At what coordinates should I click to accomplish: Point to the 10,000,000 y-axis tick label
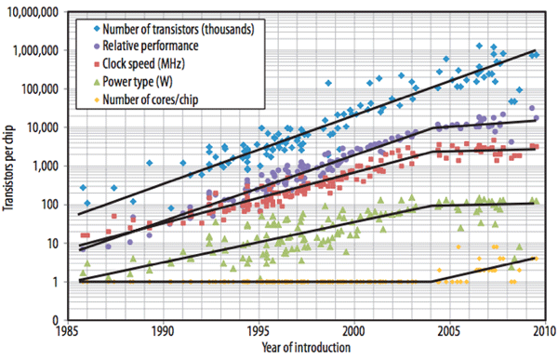pos(33,12)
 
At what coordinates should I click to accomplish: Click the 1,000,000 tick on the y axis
pos(35,51)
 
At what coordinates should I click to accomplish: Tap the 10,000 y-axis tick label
pos(43,127)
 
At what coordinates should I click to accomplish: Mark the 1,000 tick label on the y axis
pos(46,167)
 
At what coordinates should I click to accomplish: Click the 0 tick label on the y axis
pos(56,321)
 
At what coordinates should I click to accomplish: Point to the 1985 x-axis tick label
pos(68,331)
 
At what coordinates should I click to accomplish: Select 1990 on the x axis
pos(164,331)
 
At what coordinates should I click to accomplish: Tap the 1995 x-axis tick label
pos(259,331)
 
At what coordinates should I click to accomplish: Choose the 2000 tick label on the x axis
pos(354,331)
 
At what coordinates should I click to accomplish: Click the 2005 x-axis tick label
pos(449,331)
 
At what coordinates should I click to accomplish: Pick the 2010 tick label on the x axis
pos(544,331)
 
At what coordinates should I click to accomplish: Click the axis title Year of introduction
pos(306,347)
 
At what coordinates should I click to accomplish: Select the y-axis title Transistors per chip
pos(7,167)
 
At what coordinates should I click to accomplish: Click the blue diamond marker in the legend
pos(97,29)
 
